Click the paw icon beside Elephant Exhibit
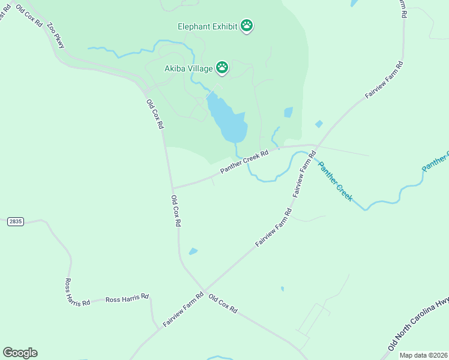coord(247,25)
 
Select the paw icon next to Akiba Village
coord(222,67)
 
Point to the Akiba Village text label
coord(188,68)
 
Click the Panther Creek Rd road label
coord(244,163)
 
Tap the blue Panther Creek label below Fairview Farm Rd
coord(335,181)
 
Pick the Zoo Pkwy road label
coord(56,35)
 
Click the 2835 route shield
coord(16,221)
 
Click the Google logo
coord(20,352)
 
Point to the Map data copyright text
coord(423,355)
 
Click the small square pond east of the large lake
coord(288,112)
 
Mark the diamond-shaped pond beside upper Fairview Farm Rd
coord(319,124)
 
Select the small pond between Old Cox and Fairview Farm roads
coord(193,251)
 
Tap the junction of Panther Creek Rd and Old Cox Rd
coord(172,188)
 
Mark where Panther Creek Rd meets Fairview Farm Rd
coord(316,145)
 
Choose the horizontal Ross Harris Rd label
coord(127,298)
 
